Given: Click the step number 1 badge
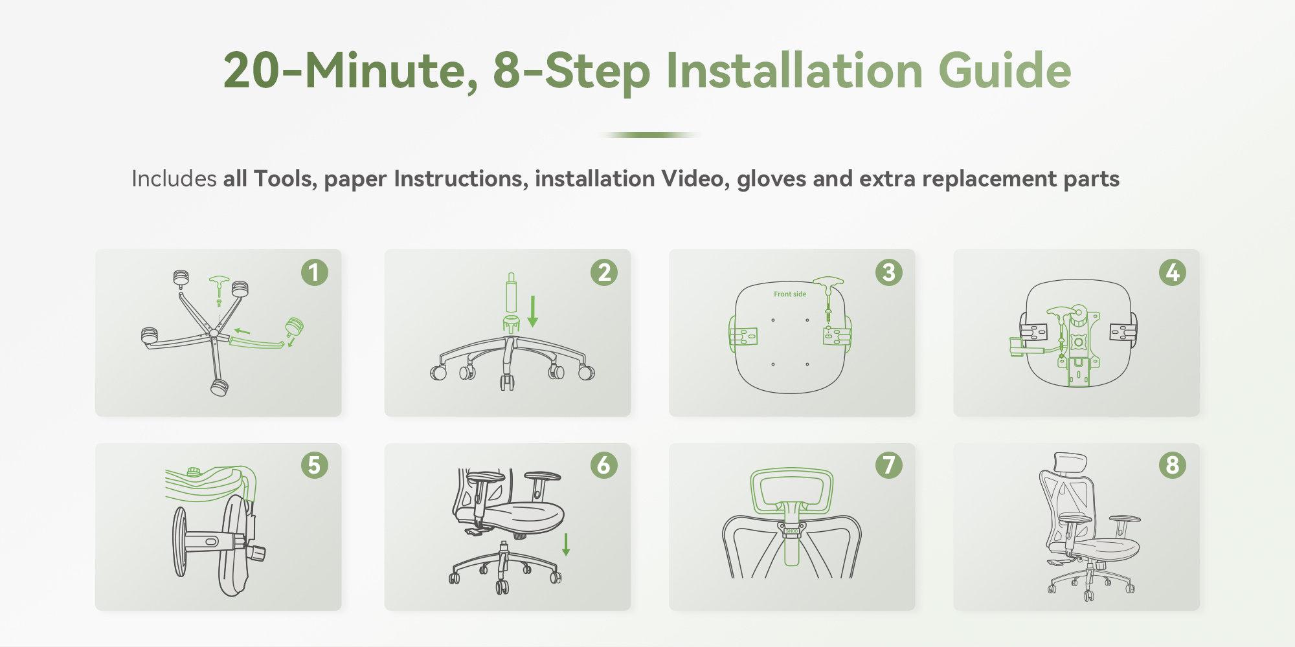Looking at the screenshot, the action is [x=315, y=272].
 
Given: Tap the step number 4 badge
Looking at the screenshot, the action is [x=1173, y=272].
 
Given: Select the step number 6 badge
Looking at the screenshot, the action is [x=604, y=465].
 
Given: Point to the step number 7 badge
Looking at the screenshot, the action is [x=889, y=465].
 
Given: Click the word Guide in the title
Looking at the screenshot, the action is [x=1005, y=71].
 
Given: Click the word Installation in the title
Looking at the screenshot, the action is [x=794, y=71].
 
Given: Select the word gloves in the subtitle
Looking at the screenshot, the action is [x=772, y=179].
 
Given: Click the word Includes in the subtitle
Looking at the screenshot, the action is [x=174, y=179].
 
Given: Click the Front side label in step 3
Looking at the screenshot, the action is [x=790, y=294].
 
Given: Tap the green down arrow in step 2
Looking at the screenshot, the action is [x=533, y=311].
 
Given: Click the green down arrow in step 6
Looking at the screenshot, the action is [x=566, y=544].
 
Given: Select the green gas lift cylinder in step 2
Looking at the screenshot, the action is [x=511, y=293].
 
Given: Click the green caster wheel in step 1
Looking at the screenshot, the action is [x=295, y=327].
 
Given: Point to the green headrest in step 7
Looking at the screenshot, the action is [x=791, y=492].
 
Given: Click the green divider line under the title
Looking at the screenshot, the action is [x=649, y=135].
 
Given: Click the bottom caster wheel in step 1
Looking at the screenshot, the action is [x=220, y=387].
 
